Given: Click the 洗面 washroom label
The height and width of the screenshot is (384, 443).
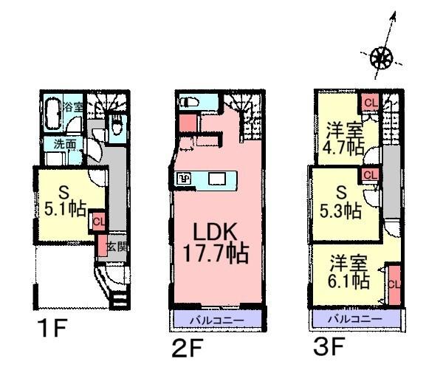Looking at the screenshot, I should [63, 145].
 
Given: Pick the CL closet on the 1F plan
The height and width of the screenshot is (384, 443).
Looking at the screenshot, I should [98, 220].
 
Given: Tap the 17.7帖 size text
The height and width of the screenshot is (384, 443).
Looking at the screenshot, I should [216, 256].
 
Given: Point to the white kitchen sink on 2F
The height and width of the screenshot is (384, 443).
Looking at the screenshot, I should [216, 179].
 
